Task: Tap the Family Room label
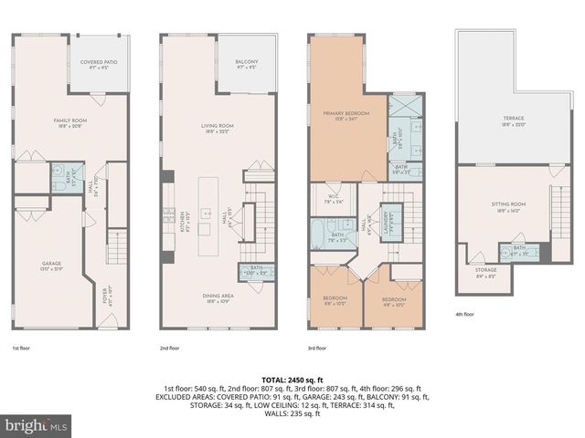[x=70, y=121]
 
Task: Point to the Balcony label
[x=247, y=65]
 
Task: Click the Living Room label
[x=218, y=128]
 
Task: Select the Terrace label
[x=513, y=121]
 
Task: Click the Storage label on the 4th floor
[x=485, y=272]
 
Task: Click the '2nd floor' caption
[x=171, y=349]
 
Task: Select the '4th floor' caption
[x=464, y=315]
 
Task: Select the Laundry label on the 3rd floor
[x=388, y=220]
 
